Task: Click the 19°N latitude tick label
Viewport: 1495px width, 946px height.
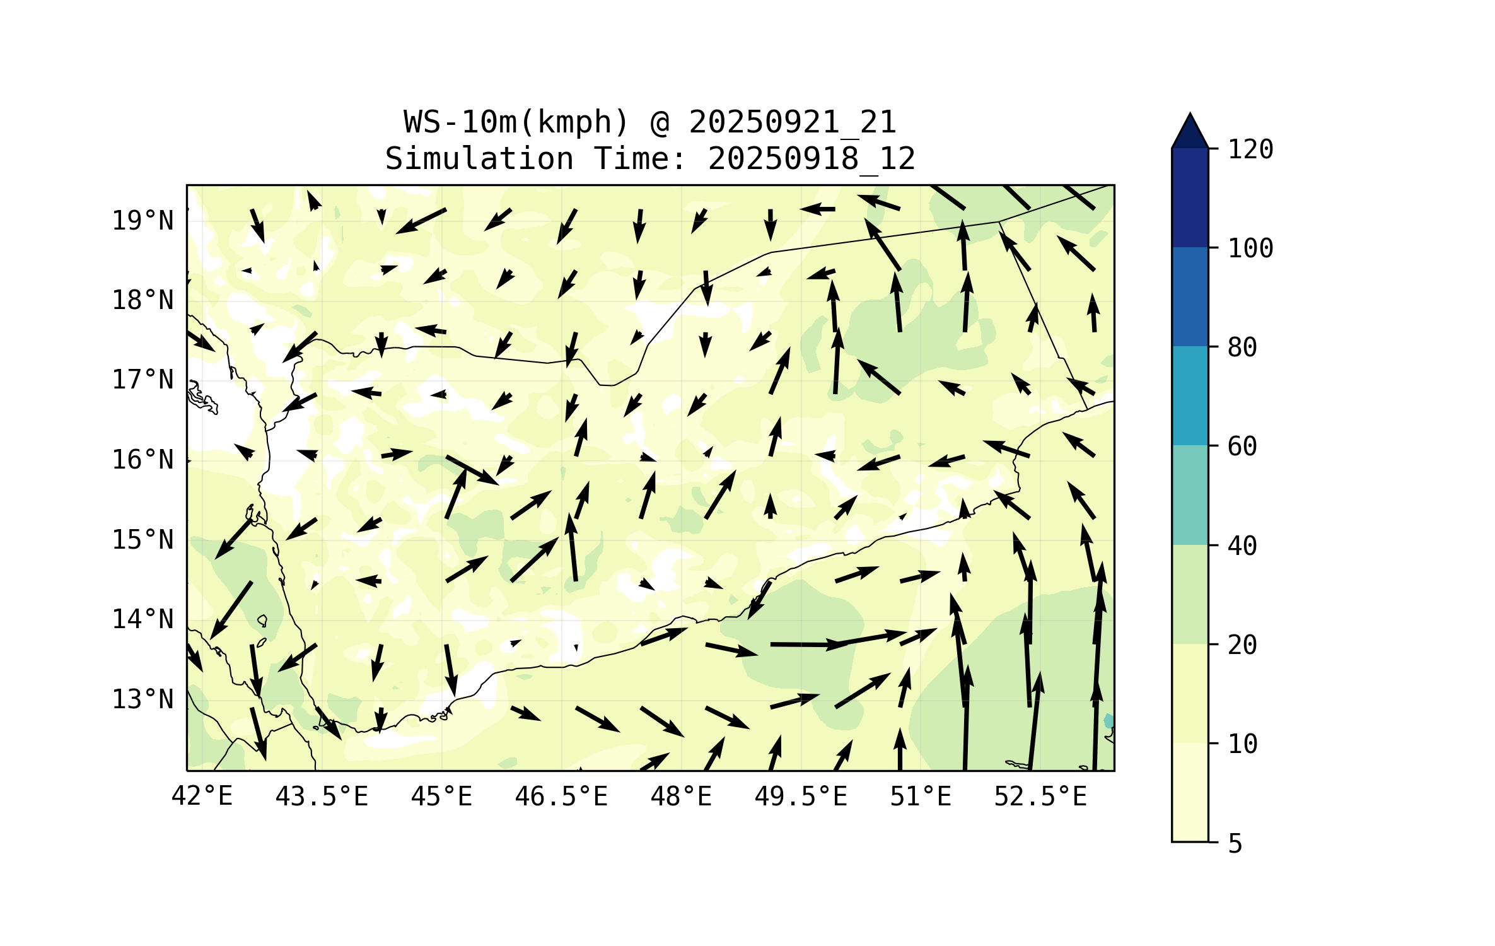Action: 143,221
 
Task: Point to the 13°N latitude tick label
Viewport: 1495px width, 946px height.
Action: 143,699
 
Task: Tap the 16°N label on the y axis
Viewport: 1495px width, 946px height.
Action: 143,460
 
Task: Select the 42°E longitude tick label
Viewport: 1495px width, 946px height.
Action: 202,797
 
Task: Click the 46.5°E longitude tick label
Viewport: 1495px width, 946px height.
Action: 561,797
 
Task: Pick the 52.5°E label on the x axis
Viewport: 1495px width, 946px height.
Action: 1040,797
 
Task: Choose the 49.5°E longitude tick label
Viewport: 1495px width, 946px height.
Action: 801,797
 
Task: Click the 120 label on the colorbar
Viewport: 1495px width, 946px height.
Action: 1250,149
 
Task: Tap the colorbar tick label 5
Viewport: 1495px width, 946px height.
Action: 1235,844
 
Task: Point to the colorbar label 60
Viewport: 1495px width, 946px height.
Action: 1242,447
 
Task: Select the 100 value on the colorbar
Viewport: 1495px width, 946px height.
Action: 1250,248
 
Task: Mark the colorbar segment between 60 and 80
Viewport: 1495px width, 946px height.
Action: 1190,395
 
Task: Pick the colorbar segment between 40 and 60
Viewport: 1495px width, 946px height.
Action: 1190,495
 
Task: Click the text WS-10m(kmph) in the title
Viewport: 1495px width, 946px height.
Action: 516,122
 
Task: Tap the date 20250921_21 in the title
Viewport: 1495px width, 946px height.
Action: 792,122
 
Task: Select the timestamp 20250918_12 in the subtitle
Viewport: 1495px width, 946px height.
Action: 811,159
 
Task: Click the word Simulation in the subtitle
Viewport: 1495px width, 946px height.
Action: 479,159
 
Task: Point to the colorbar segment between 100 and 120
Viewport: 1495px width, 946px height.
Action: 1190,197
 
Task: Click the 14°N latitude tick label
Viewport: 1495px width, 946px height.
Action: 143,620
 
